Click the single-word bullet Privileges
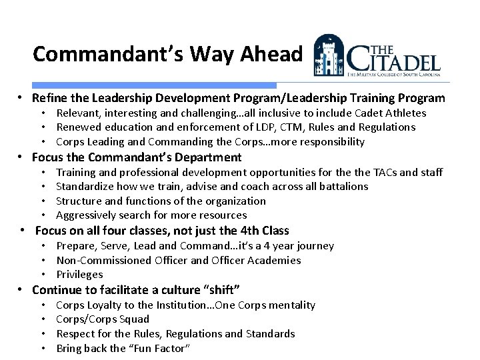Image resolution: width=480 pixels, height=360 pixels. pos(79,275)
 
